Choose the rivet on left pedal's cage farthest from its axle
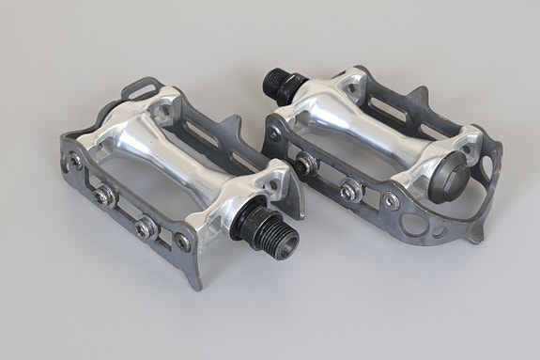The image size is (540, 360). (x=75, y=162)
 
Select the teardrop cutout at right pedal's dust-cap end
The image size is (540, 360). (x=485, y=169)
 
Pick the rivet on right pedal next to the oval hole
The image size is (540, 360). (x=389, y=200)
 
